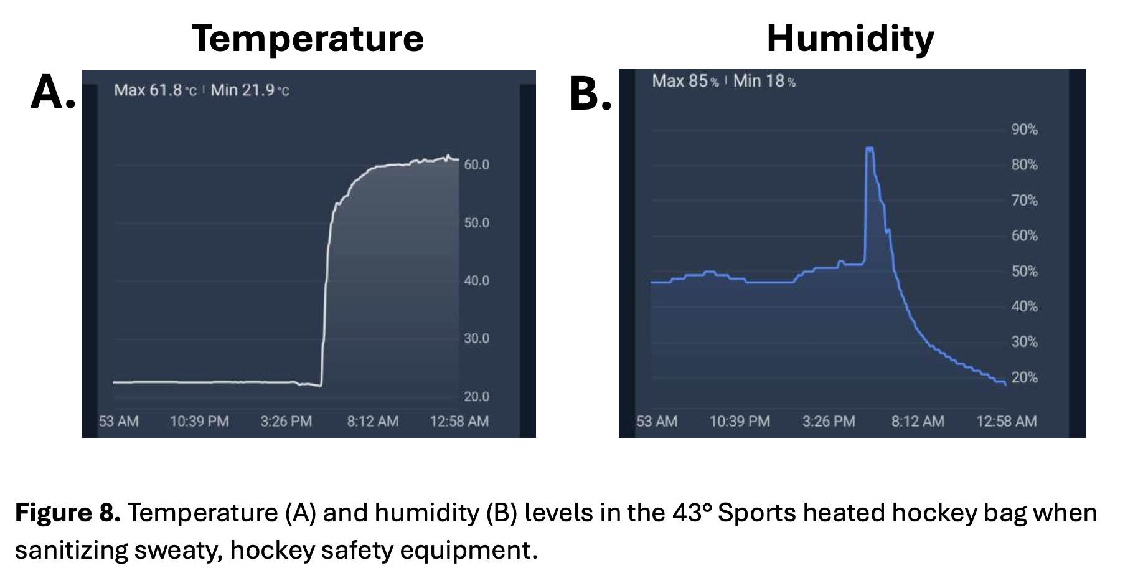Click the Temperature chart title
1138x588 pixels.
308,39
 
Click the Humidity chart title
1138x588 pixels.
850,39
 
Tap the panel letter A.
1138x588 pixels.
53,93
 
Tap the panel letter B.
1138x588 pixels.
590,95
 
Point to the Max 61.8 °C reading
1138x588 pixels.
155,90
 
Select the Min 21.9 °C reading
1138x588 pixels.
250,90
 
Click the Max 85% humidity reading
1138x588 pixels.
685,81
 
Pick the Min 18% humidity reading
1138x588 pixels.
764,81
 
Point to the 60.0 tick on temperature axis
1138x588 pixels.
476,165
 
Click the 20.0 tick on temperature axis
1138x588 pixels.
476,397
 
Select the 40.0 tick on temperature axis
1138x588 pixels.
476,281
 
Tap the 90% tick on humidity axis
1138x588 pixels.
1024,130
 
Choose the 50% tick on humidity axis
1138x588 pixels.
1024,272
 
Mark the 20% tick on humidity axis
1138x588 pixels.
1024,377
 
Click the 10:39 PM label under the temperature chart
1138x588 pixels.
199,422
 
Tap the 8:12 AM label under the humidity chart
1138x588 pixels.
917,422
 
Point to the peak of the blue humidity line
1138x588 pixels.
870,148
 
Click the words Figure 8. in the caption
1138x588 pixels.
67,513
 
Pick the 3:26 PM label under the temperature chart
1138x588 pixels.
286,422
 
